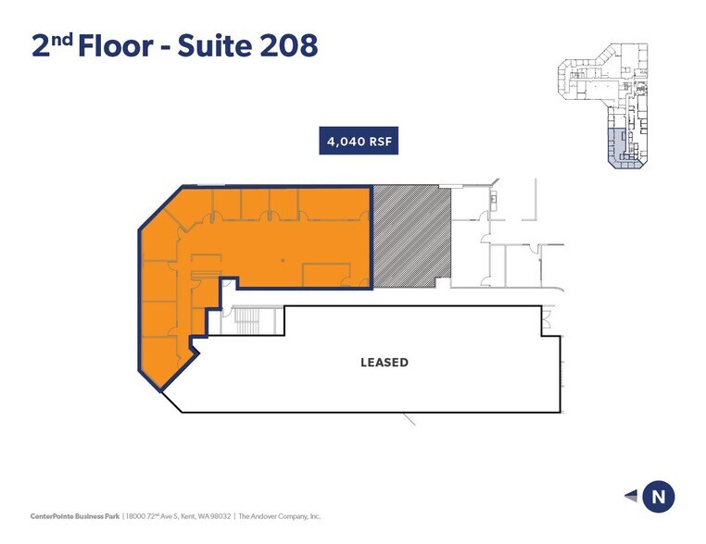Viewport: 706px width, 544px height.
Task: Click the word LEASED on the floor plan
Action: coord(384,362)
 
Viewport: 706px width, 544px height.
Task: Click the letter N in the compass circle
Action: coord(659,497)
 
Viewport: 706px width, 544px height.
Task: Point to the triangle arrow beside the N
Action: coord(632,497)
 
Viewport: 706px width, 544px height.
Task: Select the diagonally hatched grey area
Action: coord(411,234)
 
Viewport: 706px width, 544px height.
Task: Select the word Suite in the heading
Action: coord(210,45)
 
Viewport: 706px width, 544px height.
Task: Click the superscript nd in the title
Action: coord(61,38)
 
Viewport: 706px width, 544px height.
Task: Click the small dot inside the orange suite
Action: coord(283,262)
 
